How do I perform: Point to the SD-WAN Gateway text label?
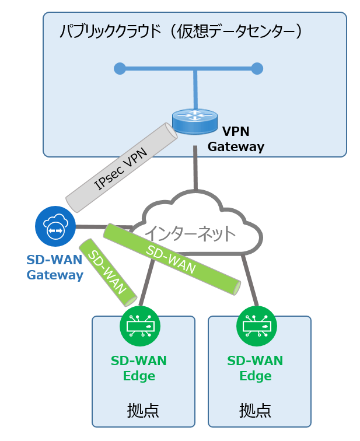click(55, 267)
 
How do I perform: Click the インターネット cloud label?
click(190, 233)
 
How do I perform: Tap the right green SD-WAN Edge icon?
click(256, 326)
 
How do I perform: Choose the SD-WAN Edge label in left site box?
click(139, 368)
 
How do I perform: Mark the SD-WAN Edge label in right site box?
click(255, 368)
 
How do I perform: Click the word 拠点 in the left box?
click(142, 409)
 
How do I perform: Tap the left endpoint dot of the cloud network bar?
click(120, 69)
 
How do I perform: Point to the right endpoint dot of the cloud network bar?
click(257, 69)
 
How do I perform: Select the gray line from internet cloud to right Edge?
click(250, 280)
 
